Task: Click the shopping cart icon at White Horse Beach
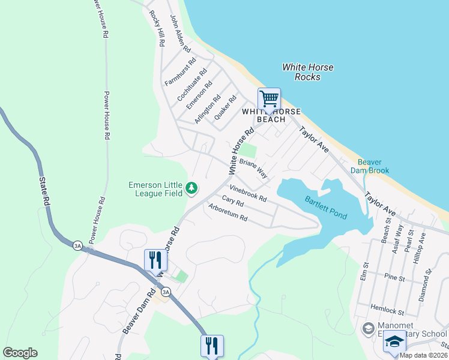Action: tap(269, 99)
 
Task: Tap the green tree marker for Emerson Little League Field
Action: tap(191, 189)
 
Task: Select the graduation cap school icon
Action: tap(394, 342)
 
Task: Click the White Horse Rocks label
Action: tap(307, 72)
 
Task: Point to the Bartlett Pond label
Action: tap(325, 208)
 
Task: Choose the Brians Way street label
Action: tap(253, 169)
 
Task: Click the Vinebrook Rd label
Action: tap(248, 193)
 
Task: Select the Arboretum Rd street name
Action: tap(228, 213)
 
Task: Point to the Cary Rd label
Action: tap(232, 202)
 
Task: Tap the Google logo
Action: tap(20, 353)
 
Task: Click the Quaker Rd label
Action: tap(225, 107)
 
